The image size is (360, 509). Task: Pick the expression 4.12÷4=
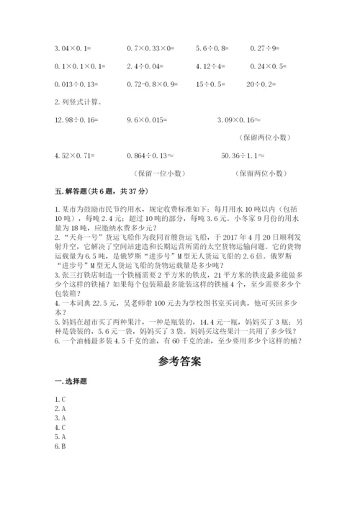(x=210, y=66)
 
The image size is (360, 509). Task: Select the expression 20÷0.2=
(x=265, y=84)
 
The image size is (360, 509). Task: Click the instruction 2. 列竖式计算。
(x=78, y=102)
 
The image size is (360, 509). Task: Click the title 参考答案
(x=179, y=361)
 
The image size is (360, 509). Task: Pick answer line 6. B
(x=60, y=446)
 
